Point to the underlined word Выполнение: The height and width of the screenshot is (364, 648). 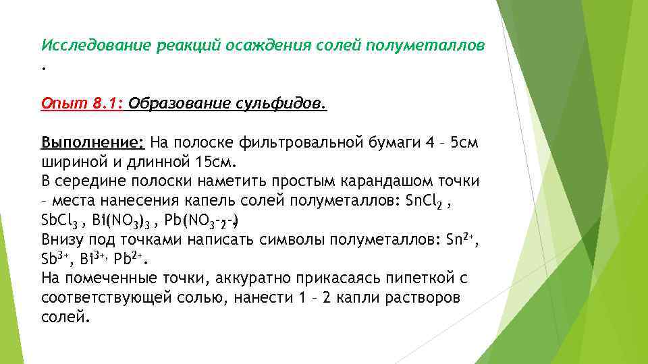pyautogui.click(x=92, y=143)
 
